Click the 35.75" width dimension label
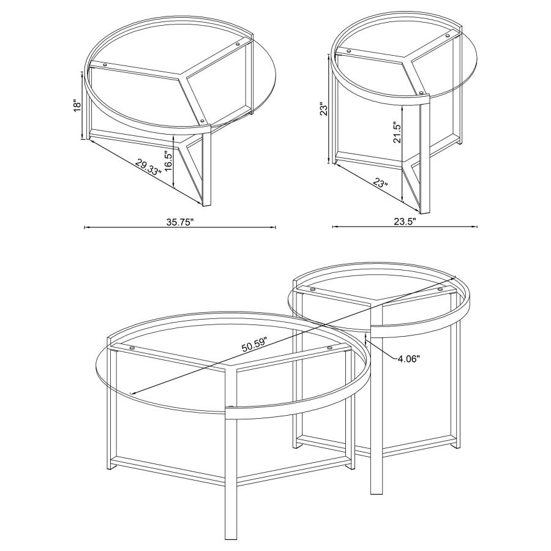(x=179, y=223)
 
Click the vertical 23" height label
(x=324, y=108)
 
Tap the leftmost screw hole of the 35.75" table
(x=105, y=63)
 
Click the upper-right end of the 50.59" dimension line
(x=456, y=276)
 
